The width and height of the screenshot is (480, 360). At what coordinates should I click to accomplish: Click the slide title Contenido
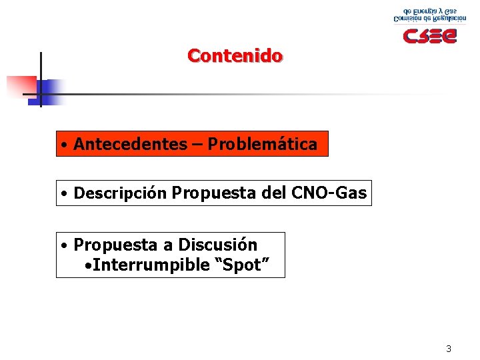pyautogui.click(x=235, y=55)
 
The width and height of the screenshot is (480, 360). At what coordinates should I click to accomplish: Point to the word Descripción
pyautogui.click(x=120, y=193)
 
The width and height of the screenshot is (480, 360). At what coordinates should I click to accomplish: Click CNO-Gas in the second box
pyautogui.click(x=329, y=193)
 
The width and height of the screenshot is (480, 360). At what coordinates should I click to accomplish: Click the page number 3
pyautogui.click(x=449, y=349)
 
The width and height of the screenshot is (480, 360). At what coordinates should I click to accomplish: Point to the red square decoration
pyautogui.click(x=21, y=86)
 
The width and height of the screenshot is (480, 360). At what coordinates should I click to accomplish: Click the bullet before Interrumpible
pyautogui.click(x=89, y=265)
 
